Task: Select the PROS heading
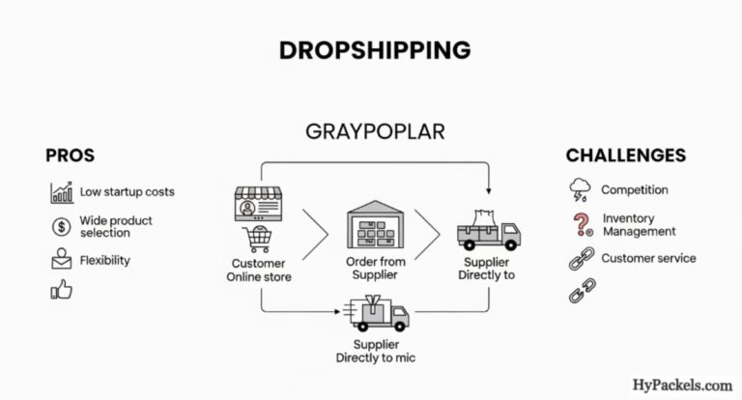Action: pyautogui.click(x=69, y=156)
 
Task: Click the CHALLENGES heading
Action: pyautogui.click(x=625, y=156)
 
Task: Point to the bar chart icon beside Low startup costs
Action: pyautogui.click(x=62, y=191)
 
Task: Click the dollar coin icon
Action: pyautogui.click(x=61, y=227)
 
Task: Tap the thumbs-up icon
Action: pyautogui.click(x=61, y=290)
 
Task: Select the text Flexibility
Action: pyautogui.click(x=105, y=260)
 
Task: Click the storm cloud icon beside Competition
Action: pyautogui.click(x=581, y=188)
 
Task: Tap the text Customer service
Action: pyautogui.click(x=647, y=258)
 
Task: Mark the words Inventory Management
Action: pyautogui.click(x=639, y=225)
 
